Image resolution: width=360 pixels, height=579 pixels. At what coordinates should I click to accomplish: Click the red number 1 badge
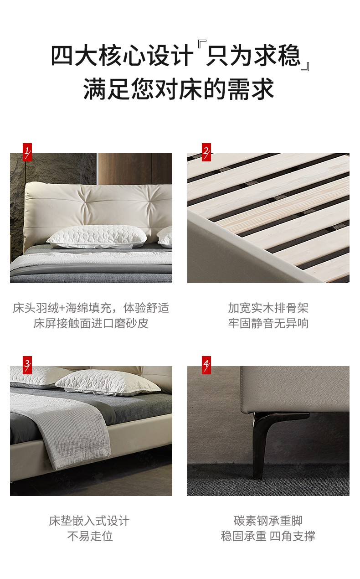(27, 152)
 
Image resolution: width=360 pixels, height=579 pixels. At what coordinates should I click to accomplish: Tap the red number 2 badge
(206, 152)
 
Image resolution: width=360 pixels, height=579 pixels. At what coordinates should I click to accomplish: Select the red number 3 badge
(27, 365)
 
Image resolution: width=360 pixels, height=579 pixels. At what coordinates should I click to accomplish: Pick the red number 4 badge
(206, 365)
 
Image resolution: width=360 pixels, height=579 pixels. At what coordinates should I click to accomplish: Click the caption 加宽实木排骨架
(268, 308)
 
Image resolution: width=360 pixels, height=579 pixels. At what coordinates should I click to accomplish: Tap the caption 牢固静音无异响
(268, 323)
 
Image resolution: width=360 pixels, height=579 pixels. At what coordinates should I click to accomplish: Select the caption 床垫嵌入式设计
(89, 521)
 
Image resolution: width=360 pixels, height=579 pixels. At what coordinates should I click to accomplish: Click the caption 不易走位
(90, 536)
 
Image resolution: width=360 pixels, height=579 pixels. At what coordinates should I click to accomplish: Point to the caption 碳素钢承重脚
(268, 521)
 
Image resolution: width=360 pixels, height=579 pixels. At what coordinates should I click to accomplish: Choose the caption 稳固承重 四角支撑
(268, 536)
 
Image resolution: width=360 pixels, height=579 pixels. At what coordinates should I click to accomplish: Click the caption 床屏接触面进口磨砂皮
(91, 323)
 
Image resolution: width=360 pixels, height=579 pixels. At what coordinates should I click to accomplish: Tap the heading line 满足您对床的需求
(179, 89)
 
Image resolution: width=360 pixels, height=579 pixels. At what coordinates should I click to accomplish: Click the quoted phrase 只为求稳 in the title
(253, 55)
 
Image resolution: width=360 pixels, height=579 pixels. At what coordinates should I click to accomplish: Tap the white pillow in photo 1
(97, 237)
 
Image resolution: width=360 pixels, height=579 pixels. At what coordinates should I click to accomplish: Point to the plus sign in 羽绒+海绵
(62, 308)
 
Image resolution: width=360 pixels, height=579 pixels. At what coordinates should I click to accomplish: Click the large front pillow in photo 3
(108, 382)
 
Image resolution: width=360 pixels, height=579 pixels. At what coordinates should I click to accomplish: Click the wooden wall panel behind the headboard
(135, 169)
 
